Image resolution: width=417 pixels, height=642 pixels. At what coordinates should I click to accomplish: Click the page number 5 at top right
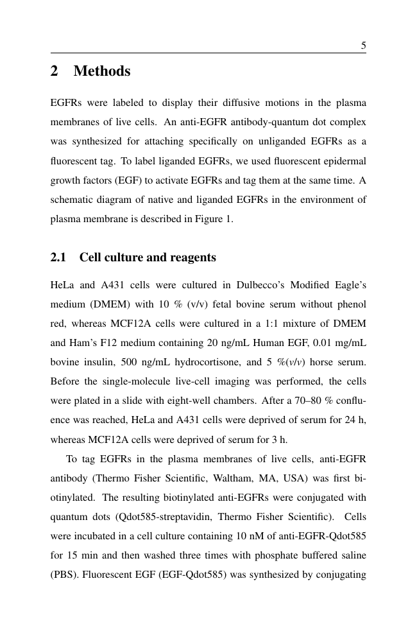(x=363, y=46)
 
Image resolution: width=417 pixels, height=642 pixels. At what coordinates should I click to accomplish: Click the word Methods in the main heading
(x=102, y=71)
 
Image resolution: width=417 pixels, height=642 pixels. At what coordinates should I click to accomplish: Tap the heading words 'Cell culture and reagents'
(x=148, y=258)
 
